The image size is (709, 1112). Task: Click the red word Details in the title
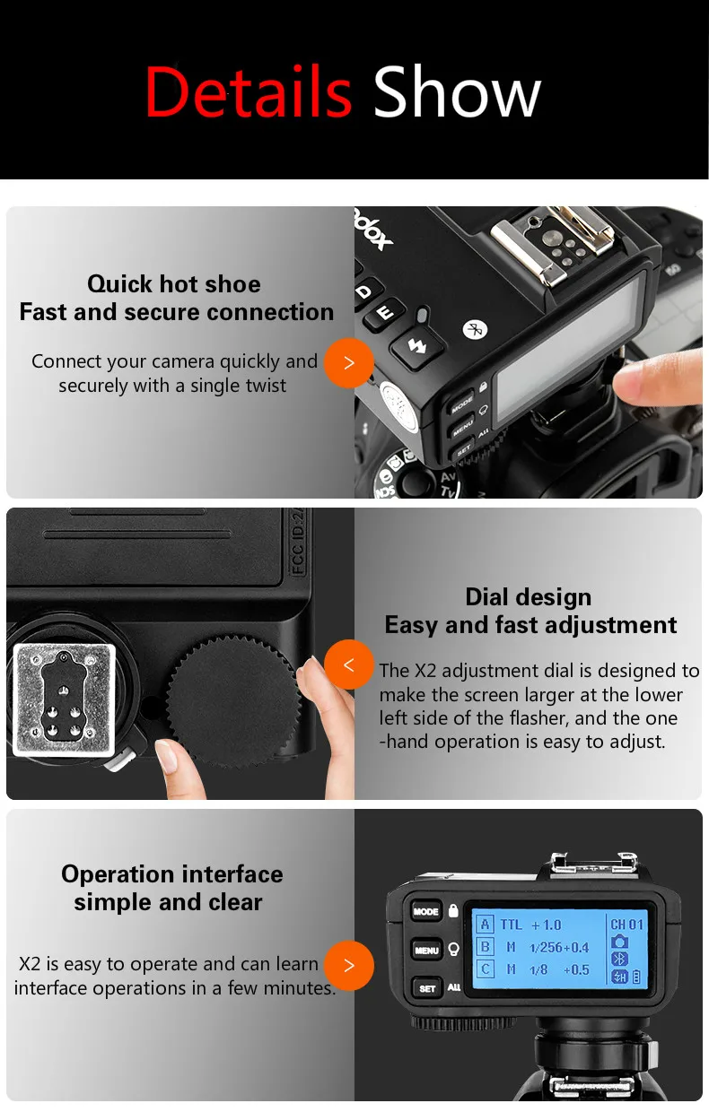pos(249,91)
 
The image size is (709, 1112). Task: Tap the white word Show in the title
pos(457,91)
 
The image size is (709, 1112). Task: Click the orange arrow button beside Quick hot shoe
pos(349,363)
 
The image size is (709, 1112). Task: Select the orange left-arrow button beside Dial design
pos(349,665)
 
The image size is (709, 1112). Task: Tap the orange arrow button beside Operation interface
pos(349,966)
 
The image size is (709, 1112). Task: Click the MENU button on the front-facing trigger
pos(426,951)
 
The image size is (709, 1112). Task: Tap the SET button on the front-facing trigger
pos(427,988)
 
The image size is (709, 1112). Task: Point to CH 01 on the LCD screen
pos(626,925)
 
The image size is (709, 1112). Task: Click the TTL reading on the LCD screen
pos(511,925)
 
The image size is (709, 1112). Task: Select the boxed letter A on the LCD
pos(485,925)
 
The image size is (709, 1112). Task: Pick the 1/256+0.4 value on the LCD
pos(559,947)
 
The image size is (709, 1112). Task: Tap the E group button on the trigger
pos(383,313)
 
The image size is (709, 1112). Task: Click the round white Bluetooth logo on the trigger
pos(475,329)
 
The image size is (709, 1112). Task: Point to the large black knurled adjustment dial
pos(233,700)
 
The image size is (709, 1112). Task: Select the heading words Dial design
pos(528,596)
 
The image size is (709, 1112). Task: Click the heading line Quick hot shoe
pos(174,284)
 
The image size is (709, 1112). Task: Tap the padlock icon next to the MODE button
pos(453,910)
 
